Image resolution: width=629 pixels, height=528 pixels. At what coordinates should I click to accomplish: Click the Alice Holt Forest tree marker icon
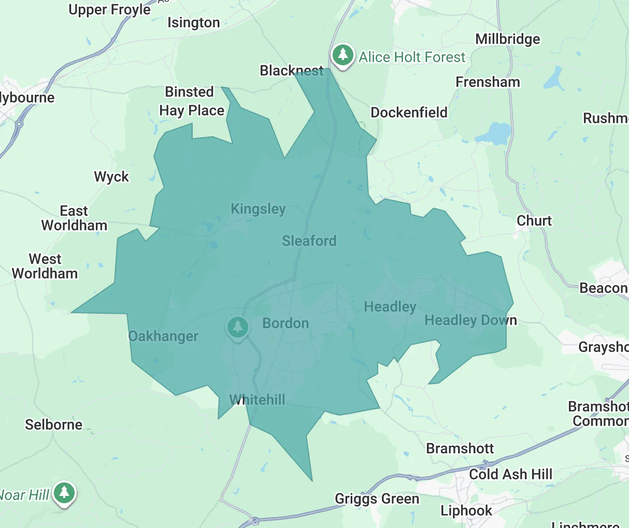coord(342,54)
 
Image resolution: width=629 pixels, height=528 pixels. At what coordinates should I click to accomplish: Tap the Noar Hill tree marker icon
coord(64,492)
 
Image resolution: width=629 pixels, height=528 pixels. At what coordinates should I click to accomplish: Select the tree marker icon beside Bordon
coord(238,327)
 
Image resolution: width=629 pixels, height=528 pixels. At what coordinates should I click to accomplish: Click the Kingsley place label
coord(258,209)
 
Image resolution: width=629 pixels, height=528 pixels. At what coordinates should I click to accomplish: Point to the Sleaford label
coord(309,241)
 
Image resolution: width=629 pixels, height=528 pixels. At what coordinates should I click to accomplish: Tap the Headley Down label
coord(470,320)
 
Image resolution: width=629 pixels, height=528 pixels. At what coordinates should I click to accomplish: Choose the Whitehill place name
coord(258,400)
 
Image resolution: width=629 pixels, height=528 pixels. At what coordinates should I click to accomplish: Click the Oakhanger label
coord(163,336)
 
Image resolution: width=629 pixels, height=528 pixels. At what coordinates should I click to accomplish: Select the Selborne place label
coord(54,424)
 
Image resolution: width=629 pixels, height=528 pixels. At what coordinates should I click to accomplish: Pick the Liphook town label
coord(466,510)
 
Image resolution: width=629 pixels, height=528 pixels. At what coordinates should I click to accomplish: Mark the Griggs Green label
coord(377,499)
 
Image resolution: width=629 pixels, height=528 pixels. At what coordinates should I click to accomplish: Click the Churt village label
coord(534,221)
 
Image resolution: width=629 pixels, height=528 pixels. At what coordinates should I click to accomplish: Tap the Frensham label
coord(488,82)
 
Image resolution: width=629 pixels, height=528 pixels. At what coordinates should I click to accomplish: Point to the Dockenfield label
coord(409,112)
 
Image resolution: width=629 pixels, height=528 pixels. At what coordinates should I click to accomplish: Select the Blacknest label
coord(292,70)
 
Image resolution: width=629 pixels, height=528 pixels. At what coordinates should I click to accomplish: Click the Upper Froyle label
coord(110,9)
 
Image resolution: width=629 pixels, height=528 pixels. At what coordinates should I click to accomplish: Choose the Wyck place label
coord(111,177)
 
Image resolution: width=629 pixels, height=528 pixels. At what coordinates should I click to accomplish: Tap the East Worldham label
coord(74,218)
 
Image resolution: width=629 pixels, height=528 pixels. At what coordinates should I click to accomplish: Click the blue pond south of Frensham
coord(496,134)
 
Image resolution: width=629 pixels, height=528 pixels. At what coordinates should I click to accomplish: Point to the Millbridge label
coord(507,39)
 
